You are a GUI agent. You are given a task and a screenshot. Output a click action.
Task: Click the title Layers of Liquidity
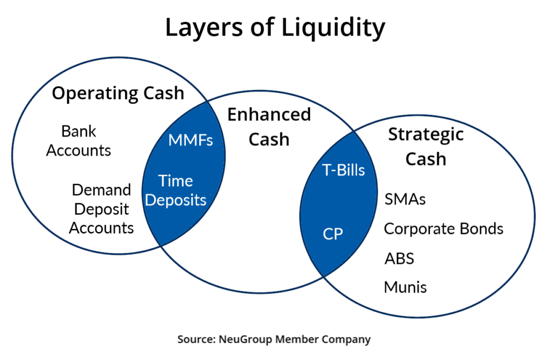coord(274,27)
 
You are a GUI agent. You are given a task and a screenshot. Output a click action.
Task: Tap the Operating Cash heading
coord(118,93)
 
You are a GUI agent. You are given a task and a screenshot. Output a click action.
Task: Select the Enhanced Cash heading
coord(269,127)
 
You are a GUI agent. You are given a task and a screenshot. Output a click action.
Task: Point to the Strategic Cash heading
coord(425,146)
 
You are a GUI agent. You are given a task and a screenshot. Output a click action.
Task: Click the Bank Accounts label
coord(78,140)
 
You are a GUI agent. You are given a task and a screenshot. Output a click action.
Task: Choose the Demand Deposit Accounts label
coord(102,208)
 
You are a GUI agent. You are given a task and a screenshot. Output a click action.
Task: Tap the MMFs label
coord(191,140)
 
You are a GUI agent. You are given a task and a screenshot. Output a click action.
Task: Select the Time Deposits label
coord(176,190)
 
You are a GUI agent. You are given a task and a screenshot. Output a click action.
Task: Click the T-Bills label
coord(343,170)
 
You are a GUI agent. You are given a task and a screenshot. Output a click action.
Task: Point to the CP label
coord(332,234)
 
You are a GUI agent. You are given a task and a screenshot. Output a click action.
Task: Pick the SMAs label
coord(405,199)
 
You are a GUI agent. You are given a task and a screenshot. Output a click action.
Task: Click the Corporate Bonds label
coord(443,229)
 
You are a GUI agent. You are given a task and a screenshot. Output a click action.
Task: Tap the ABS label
coord(399,258)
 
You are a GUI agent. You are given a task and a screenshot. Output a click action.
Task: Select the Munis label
coord(405,287)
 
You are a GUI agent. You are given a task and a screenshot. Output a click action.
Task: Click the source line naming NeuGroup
coord(274,340)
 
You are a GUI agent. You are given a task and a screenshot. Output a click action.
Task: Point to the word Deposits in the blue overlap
coord(176,200)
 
